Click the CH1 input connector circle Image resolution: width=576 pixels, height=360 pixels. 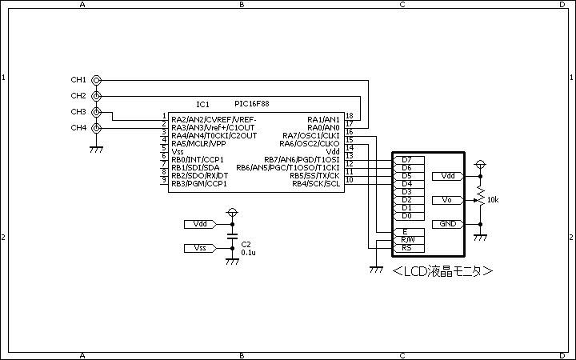(96, 80)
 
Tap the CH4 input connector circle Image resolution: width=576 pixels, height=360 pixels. (96, 128)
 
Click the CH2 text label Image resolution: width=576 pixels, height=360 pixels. (78, 96)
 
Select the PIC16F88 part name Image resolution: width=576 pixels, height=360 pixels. (252, 104)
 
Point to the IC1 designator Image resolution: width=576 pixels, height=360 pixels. (202, 105)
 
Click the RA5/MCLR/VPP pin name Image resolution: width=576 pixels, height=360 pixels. (198, 144)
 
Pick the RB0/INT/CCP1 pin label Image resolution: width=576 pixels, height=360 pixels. (198, 160)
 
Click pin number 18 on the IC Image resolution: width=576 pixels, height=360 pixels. (350, 116)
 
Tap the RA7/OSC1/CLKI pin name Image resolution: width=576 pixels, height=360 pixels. (311, 135)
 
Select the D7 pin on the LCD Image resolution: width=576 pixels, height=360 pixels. (409, 160)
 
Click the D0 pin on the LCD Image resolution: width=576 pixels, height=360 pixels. (409, 216)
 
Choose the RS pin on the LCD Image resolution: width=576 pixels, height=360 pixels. (409, 248)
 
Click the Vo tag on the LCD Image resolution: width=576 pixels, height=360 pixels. (447, 200)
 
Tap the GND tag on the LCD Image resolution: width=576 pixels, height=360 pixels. (447, 224)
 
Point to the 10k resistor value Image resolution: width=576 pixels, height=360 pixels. (493, 200)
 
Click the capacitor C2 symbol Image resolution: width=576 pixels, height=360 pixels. (232, 236)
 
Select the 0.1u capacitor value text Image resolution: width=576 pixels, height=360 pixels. (248, 253)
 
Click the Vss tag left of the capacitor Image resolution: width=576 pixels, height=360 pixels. (200, 248)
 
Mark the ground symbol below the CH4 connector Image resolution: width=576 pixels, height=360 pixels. (96, 150)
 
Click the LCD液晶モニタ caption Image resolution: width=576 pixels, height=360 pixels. (442, 271)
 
